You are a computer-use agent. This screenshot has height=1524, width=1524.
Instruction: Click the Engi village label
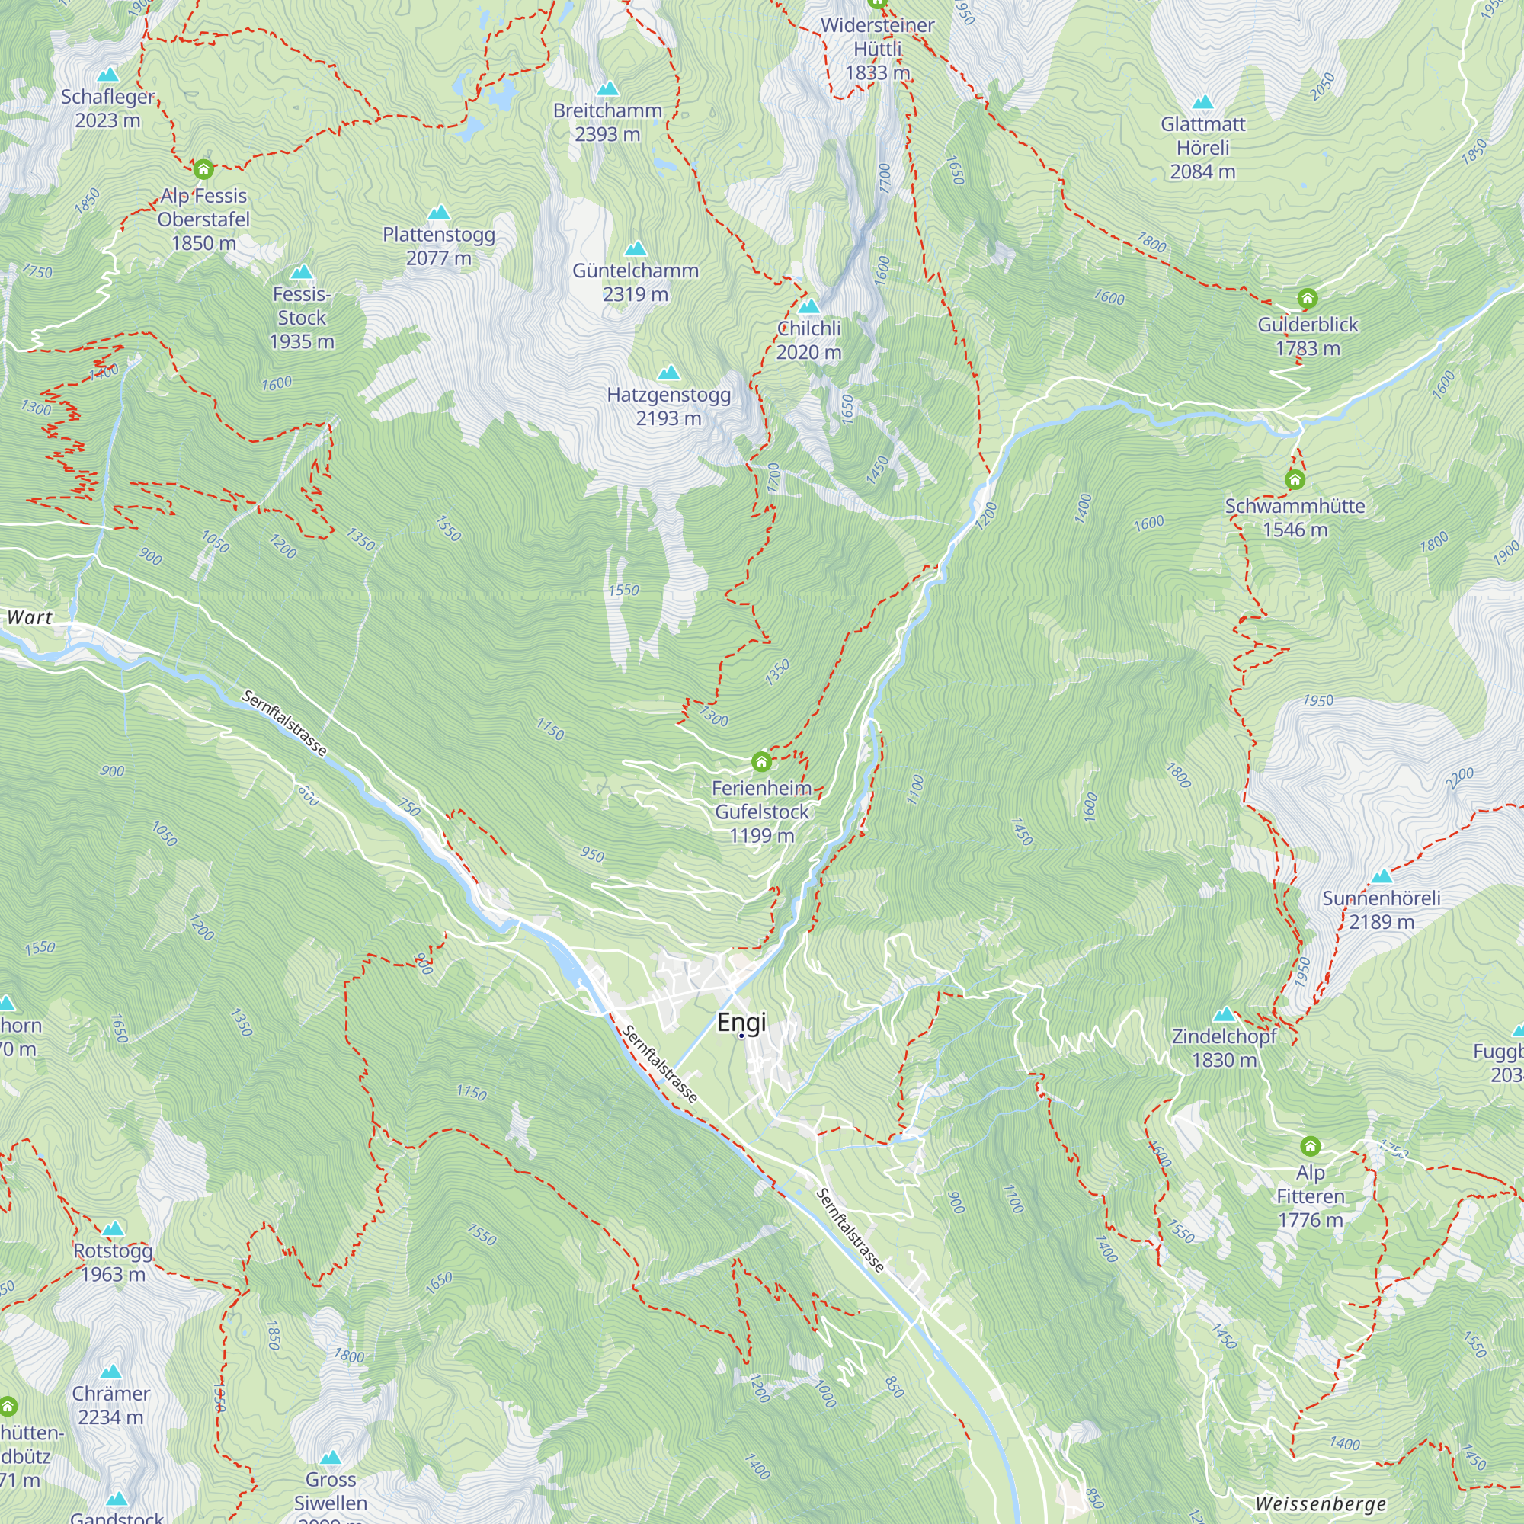click(741, 1023)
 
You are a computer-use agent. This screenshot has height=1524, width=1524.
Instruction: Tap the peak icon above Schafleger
click(108, 75)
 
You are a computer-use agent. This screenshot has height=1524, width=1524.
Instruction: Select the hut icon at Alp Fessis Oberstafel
click(203, 169)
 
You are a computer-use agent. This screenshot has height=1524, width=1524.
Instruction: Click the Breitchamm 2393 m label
click(607, 122)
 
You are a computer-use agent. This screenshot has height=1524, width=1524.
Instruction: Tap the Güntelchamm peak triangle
click(636, 249)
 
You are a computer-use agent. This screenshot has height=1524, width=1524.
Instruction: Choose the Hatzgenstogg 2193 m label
click(668, 406)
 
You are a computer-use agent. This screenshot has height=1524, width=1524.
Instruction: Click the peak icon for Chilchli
click(808, 307)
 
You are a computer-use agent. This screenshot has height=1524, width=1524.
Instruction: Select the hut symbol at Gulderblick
click(1307, 298)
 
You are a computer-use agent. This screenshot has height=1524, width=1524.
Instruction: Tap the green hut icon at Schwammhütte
click(1295, 479)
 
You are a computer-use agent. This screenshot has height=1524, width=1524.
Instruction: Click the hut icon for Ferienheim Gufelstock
click(761, 762)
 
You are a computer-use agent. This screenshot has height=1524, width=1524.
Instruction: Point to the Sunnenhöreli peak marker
click(1382, 877)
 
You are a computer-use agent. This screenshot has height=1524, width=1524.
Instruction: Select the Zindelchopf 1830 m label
click(1224, 1048)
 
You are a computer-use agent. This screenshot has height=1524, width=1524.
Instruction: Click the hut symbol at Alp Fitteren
click(1310, 1145)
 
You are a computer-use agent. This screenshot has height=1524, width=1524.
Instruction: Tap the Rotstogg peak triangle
click(114, 1229)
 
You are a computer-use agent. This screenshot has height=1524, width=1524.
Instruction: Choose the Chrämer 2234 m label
click(111, 1405)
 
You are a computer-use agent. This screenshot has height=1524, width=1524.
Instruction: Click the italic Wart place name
click(30, 618)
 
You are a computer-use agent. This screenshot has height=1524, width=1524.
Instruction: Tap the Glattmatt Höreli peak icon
click(1202, 103)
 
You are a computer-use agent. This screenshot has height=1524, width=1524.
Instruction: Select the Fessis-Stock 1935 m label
click(301, 318)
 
